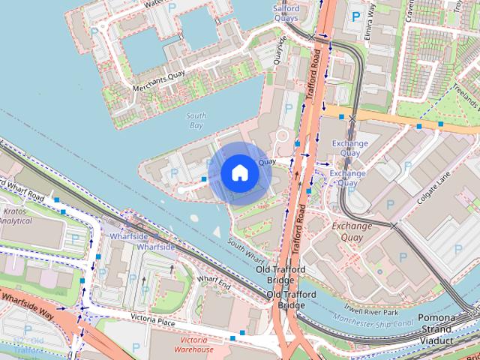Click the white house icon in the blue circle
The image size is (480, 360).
[x=239, y=172]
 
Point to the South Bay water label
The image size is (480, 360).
[x=196, y=121]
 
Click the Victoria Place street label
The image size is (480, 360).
[x=152, y=321]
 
